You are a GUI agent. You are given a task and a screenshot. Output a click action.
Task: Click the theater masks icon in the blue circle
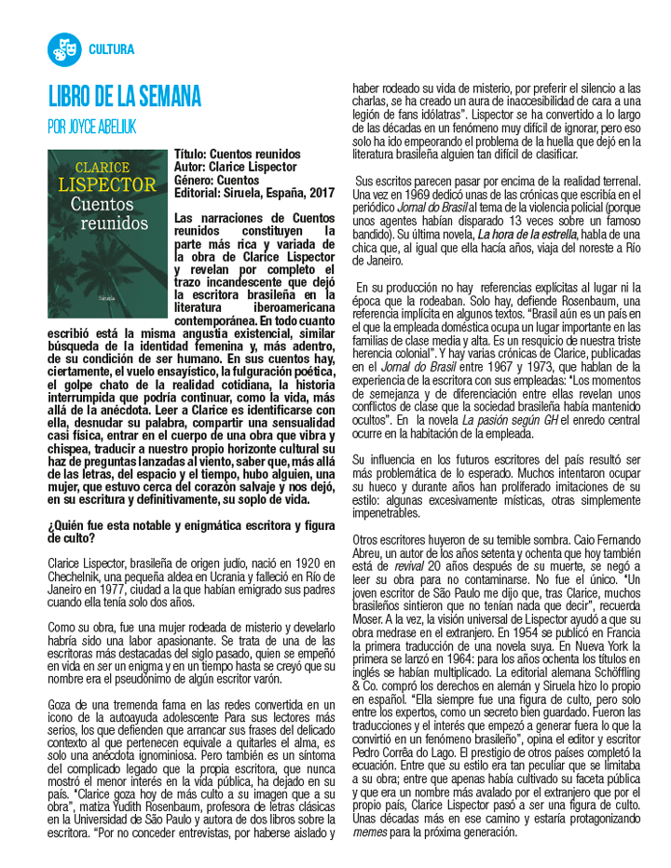(x=64, y=49)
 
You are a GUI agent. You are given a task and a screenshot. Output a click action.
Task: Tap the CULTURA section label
(x=112, y=49)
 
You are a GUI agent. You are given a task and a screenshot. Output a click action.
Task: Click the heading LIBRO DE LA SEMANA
(x=125, y=96)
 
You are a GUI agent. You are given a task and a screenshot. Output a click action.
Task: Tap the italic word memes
(x=371, y=831)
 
